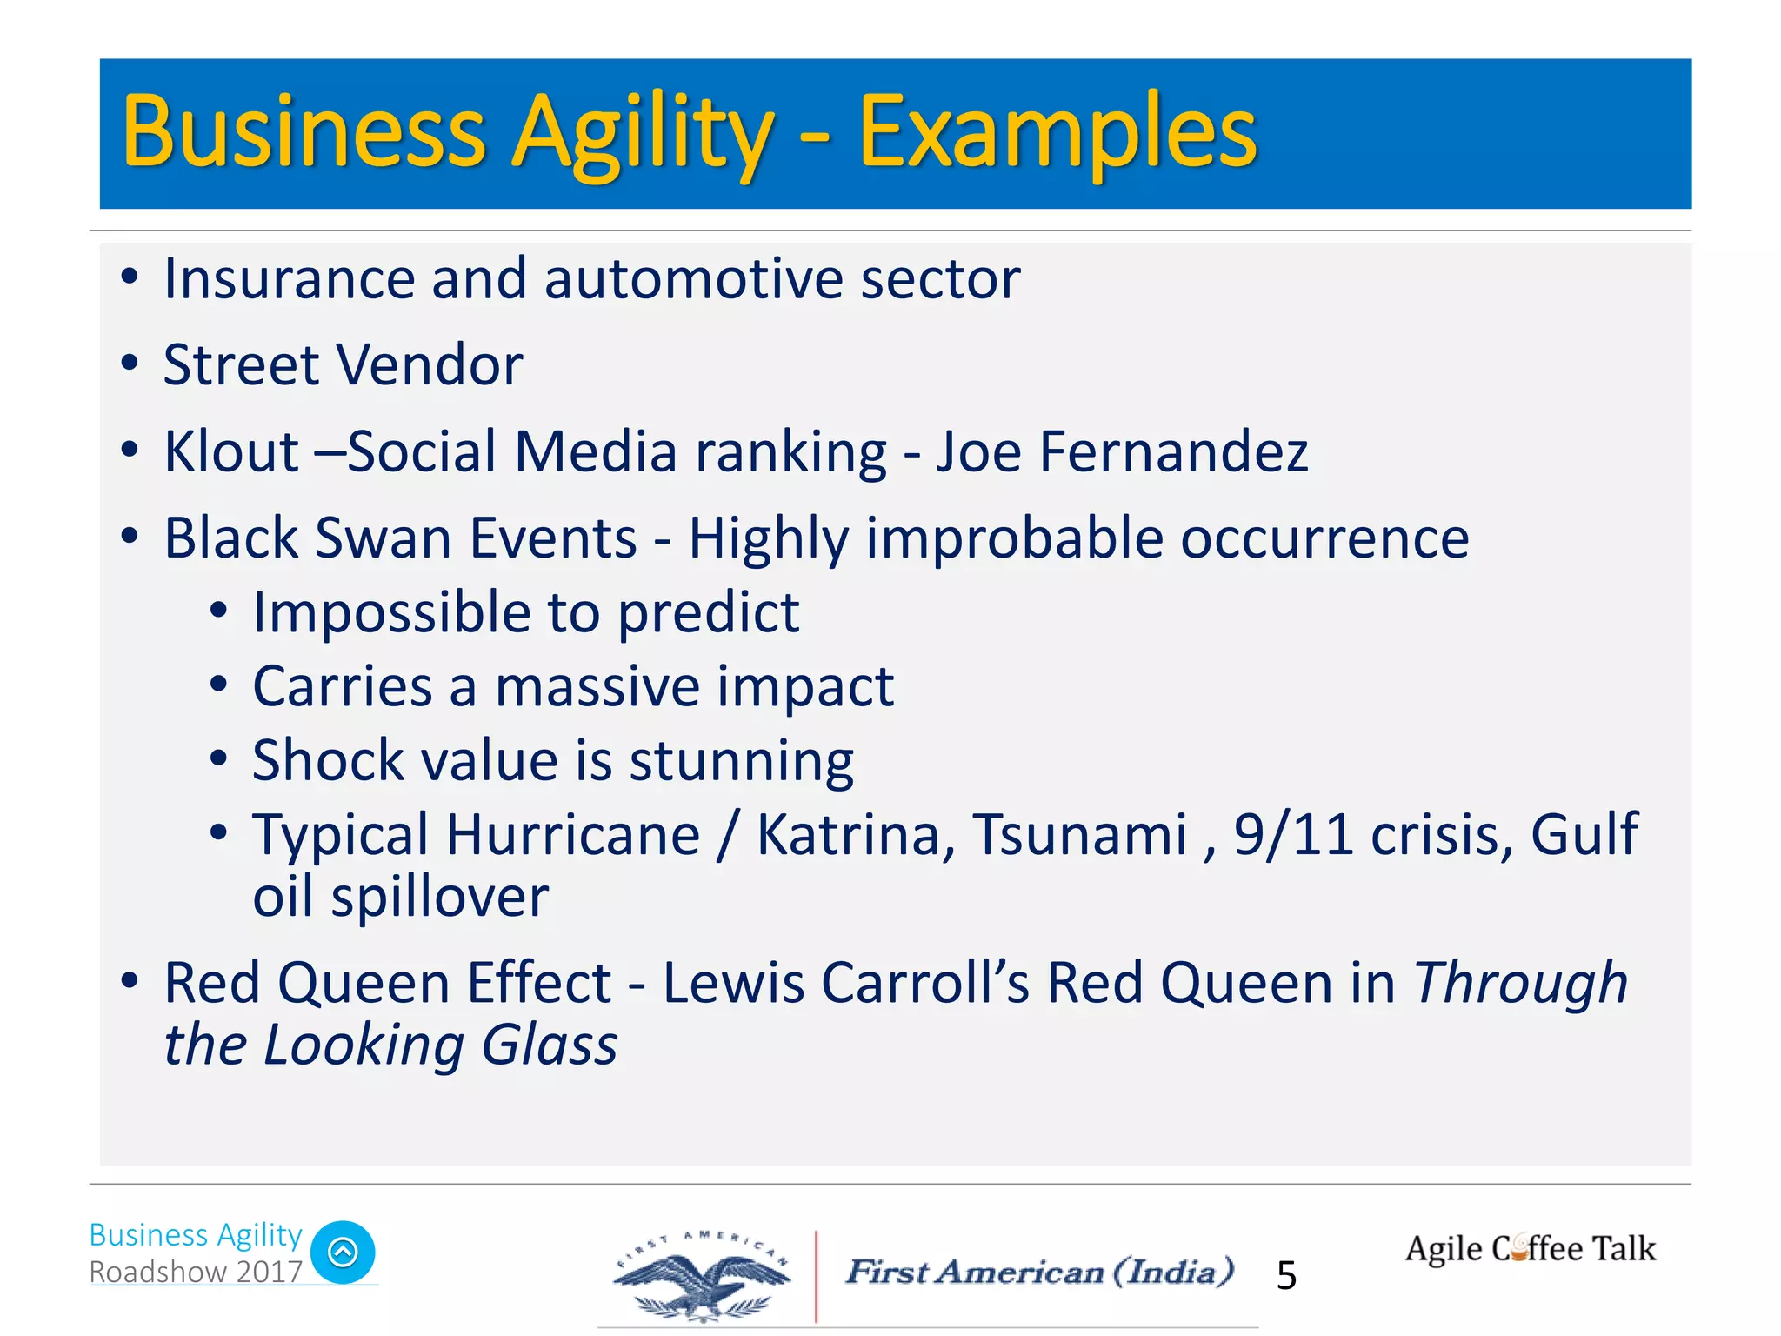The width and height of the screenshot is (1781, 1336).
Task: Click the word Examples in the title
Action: coord(1057,132)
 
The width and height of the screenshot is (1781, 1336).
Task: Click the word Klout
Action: coord(231,452)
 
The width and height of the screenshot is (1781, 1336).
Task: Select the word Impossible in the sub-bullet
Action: coord(391,613)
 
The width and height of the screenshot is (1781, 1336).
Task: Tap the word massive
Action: coord(597,687)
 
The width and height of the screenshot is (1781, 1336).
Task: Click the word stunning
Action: coord(741,762)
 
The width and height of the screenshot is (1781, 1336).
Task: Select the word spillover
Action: coord(439,897)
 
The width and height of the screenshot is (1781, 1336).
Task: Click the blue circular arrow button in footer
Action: coord(343,1252)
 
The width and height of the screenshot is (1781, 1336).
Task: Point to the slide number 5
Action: coord(1286,1276)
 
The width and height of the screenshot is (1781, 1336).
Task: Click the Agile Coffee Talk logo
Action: coord(1530,1249)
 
